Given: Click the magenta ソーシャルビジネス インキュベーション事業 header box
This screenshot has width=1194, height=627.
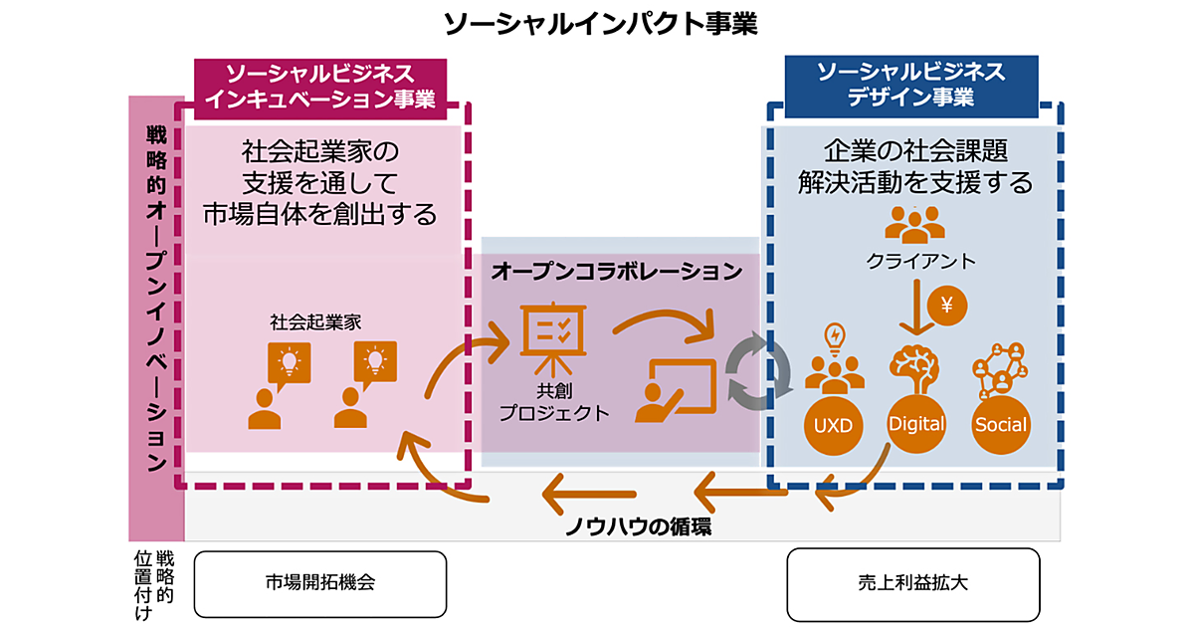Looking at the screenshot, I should [x=319, y=86].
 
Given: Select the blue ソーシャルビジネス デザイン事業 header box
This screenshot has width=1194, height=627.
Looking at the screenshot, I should [x=910, y=86].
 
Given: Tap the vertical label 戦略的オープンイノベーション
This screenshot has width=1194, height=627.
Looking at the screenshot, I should [x=156, y=299].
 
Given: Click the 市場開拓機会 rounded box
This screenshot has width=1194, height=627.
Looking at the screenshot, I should [x=319, y=583].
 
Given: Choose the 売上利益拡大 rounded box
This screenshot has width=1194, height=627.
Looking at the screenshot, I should [x=912, y=583].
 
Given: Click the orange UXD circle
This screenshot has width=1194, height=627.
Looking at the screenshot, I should [x=833, y=425].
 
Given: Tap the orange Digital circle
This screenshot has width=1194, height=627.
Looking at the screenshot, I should [x=916, y=424].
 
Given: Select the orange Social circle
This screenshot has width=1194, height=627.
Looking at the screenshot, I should [x=1000, y=425].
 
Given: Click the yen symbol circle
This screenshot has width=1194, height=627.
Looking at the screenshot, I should [x=946, y=306].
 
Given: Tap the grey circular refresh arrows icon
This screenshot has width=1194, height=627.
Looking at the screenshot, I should [x=758, y=373].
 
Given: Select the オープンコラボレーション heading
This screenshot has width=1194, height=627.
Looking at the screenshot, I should [x=617, y=271].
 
